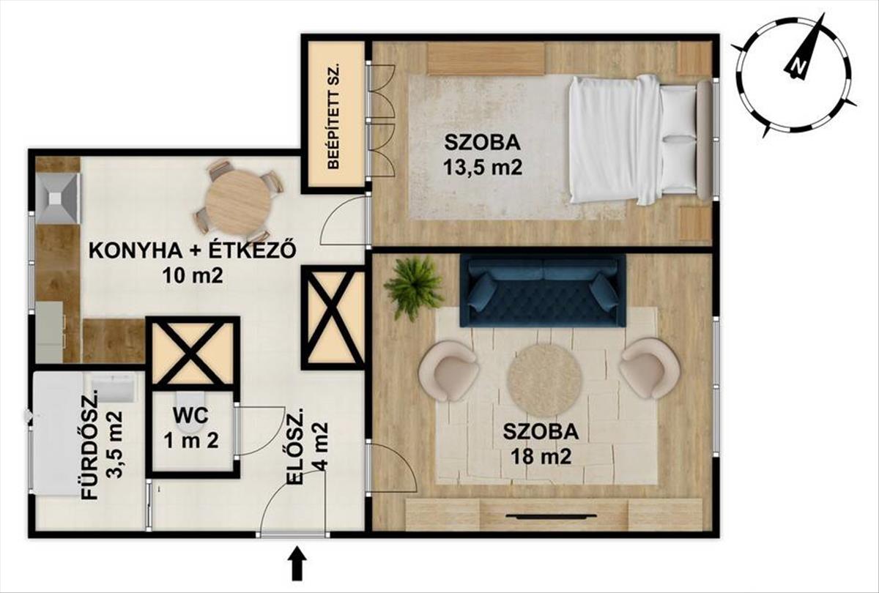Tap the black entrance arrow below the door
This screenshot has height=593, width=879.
click(x=299, y=563)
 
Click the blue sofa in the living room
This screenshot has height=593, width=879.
click(x=543, y=291)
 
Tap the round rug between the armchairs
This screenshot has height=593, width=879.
click(x=544, y=380)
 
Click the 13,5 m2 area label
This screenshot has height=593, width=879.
click(x=483, y=168)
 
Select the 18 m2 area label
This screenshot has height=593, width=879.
click(x=541, y=456)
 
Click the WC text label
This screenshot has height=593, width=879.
click(x=192, y=416)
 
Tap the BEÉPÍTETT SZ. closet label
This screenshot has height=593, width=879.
click(x=333, y=117)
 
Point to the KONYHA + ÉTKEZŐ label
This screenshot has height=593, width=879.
click(x=191, y=250)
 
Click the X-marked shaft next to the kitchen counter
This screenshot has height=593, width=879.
click(x=192, y=354)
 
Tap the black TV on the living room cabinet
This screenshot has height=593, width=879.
click(x=551, y=515)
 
